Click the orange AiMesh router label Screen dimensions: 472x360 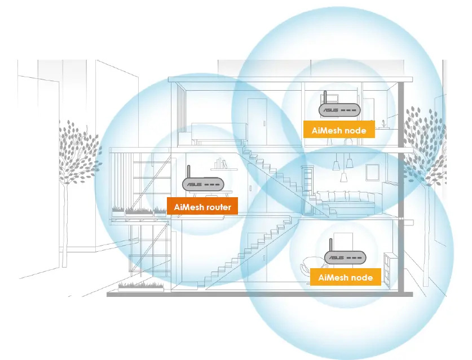click(x=202, y=207)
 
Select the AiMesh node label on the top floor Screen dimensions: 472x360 click(x=339, y=130)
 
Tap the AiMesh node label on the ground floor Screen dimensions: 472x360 click(x=345, y=277)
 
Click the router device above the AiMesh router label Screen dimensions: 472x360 click(x=202, y=184)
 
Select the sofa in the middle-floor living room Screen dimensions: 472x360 click(x=345, y=199)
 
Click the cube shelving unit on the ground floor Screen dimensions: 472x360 click(x=389, y=265)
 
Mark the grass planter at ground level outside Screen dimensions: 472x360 click(x=141, y=286)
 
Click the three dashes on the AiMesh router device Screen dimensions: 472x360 click(x=213, y=184)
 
